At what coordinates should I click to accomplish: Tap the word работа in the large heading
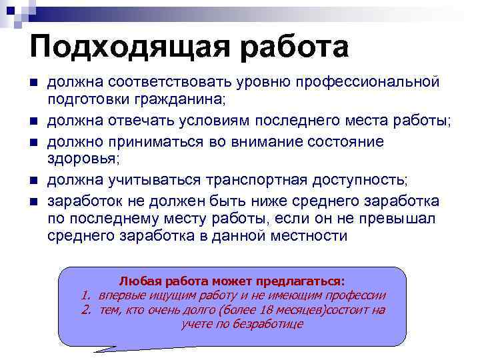point(291,47)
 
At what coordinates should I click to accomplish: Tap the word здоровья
point(81,159)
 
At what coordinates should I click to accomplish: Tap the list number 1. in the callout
point(86,295)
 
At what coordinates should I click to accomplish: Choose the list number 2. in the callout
point(86,310)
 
